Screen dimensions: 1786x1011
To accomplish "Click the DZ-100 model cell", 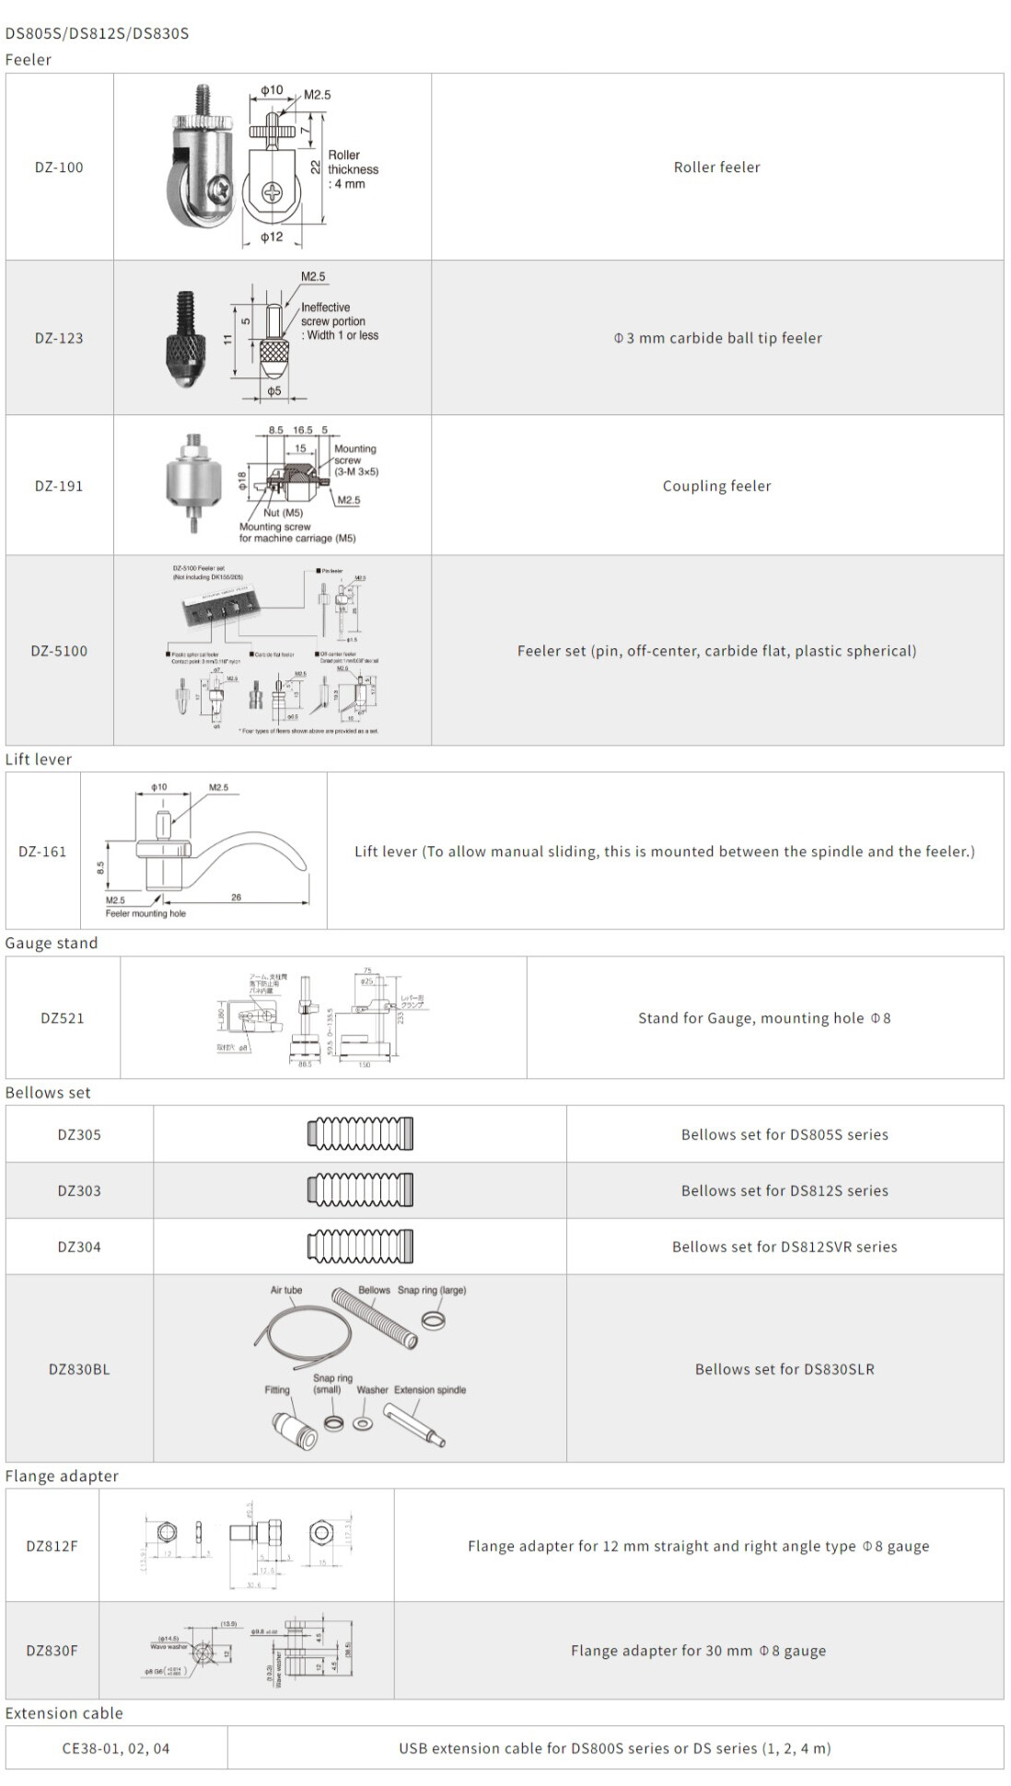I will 59,168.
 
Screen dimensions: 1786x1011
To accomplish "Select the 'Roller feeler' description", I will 716,168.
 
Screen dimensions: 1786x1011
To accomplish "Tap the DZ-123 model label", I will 59,338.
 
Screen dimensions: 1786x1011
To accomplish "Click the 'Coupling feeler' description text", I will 716,486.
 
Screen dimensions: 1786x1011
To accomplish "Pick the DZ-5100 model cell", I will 59,651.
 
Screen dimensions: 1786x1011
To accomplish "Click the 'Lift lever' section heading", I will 39,760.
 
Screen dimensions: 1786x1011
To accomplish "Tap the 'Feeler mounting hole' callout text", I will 145,913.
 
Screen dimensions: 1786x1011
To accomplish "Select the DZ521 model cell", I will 63,1018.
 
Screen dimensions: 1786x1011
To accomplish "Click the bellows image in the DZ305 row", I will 360,1134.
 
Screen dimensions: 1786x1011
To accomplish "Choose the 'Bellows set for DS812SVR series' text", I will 784,1247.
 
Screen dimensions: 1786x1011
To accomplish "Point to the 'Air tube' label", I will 285,1290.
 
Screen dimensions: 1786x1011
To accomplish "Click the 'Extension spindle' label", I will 430,1389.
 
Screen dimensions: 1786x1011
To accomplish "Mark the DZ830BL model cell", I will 79,1369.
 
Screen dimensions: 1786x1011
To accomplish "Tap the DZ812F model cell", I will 52,1546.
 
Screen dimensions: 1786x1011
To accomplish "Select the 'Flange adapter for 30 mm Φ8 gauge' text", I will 698,1651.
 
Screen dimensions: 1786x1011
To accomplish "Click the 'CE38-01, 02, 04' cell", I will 116,1748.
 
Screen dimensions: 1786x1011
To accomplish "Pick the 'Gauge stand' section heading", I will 52,944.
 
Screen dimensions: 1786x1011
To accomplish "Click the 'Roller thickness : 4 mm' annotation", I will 353,169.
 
